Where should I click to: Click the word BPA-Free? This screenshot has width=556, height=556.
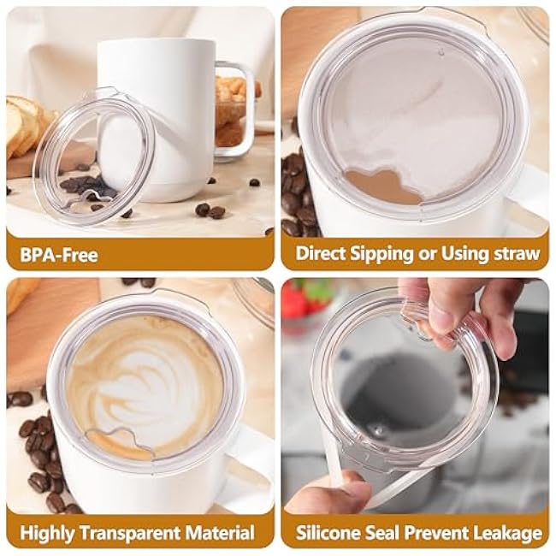click(x=59, y=255)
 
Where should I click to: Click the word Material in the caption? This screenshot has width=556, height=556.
click(x=220, y=533)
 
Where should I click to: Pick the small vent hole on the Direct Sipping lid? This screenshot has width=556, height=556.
click(x=441, y=52)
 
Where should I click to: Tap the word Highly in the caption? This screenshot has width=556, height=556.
click(x=47, y=534)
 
